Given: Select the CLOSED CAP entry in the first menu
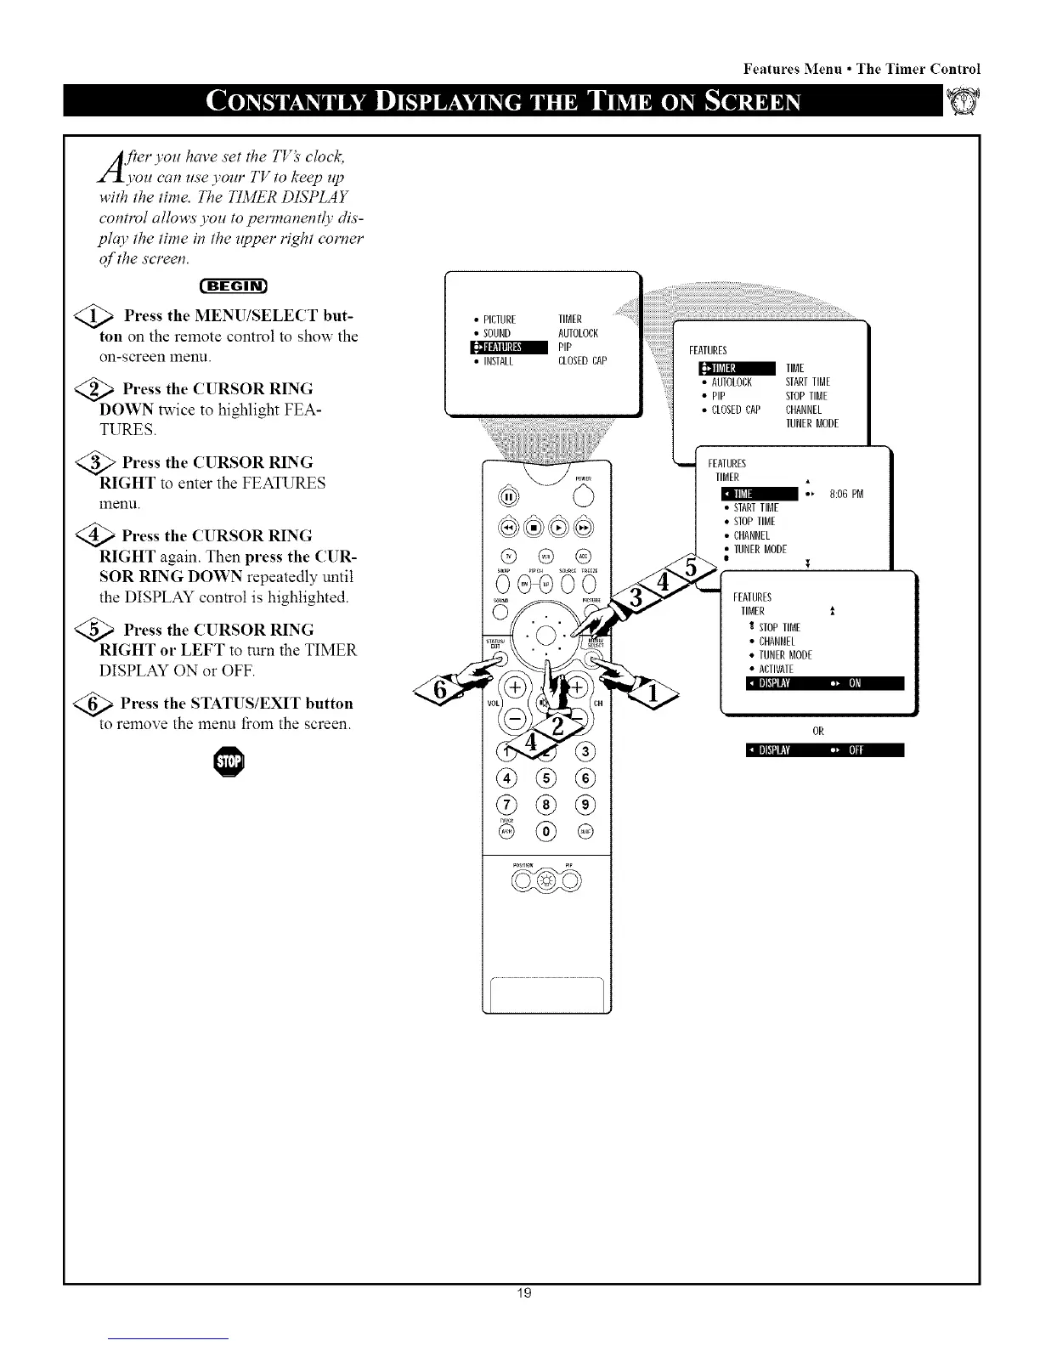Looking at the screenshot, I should coord(582,360).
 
